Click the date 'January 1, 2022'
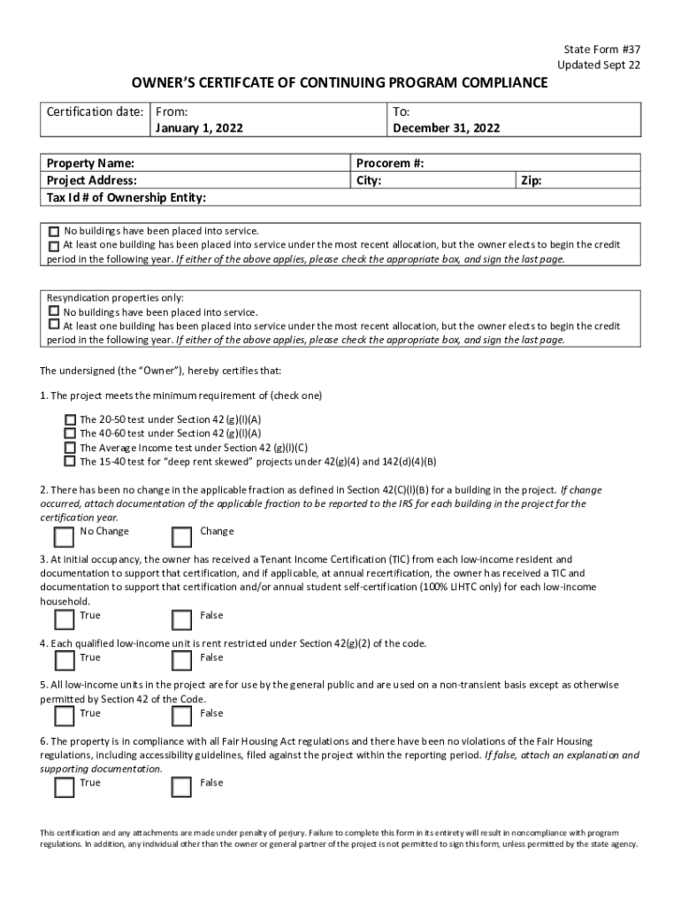tap(199, 128)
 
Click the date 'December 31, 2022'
tap(446, 128)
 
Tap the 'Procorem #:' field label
tap(390, 164)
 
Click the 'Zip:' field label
tap(532, 180)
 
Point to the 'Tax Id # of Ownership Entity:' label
tap(126, 196)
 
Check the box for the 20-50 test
tap(70, 419)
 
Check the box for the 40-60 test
tap(70, 434)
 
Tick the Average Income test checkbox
tap(70, 447)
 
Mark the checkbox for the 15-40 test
tap(70, 461)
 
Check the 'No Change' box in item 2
tap(64, 537)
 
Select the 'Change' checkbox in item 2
tap(181, 537)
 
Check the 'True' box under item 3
tap(64, 619)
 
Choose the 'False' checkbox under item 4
tap(181, 661)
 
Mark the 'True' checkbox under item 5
tap(64, 716)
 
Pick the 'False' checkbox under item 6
tap(181, 787)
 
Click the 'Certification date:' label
tap(95, 112)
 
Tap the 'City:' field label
tap(368, 180)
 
